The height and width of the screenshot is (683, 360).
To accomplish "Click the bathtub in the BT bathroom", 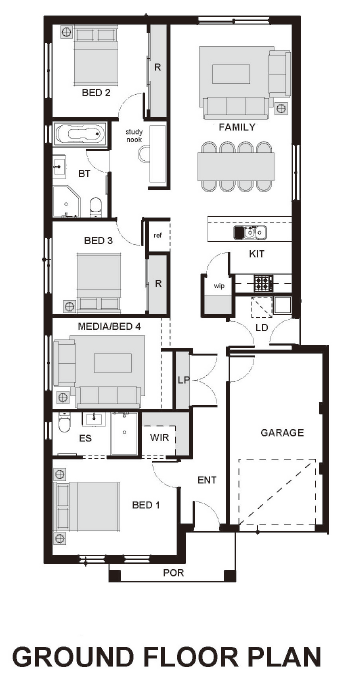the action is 79,134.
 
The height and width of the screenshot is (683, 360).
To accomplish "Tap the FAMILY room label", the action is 237,127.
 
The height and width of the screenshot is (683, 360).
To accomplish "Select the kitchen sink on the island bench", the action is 250,233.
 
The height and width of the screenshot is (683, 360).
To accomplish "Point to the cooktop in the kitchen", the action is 263,284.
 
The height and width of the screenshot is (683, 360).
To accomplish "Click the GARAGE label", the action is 282,433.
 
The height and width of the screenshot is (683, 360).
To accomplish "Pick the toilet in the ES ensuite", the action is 64,422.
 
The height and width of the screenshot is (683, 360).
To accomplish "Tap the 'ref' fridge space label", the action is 157,235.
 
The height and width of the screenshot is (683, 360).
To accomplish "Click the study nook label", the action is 134,135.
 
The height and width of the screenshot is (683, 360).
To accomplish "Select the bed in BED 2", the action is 96,55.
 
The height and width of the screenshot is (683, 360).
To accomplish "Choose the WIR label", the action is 159,437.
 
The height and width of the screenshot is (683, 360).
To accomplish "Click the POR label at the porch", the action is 173,573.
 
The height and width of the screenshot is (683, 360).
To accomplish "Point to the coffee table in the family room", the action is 231,74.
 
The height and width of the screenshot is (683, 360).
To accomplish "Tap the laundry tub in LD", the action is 282,305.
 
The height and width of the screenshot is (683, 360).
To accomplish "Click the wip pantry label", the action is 218,286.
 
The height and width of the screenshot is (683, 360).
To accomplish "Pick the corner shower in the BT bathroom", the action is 66,201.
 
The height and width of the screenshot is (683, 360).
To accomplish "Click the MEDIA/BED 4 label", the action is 109,326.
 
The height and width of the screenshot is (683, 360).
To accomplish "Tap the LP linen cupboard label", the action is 183,380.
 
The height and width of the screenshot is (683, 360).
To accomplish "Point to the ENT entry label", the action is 207,480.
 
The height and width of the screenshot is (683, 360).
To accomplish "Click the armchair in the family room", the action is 279,73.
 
